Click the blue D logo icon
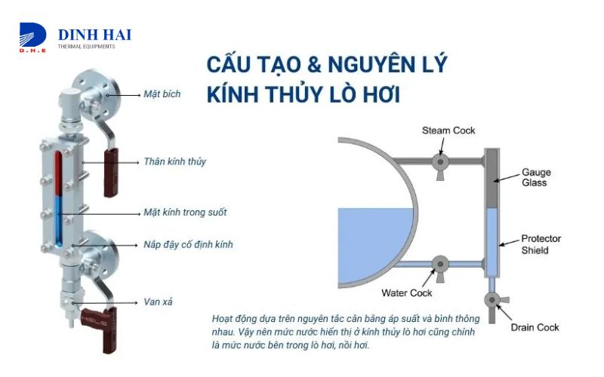pos(32,35)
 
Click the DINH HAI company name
pos(94,35)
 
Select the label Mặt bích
pos(162,93)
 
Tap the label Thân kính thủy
pos(174,161)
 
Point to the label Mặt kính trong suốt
pos(185,212)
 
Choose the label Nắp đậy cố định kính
pos(188,244)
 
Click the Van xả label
pos(158,302)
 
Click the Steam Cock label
pos(448,130)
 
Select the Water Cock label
pos(406,293)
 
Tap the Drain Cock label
pos(535,327)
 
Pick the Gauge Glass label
pos(536,177)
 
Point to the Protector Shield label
pos(541,244)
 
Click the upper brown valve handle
pos(111,173)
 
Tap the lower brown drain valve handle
pos(100,328)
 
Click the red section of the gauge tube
pos(58,174)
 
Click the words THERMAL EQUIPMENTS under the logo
pos(86,47)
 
